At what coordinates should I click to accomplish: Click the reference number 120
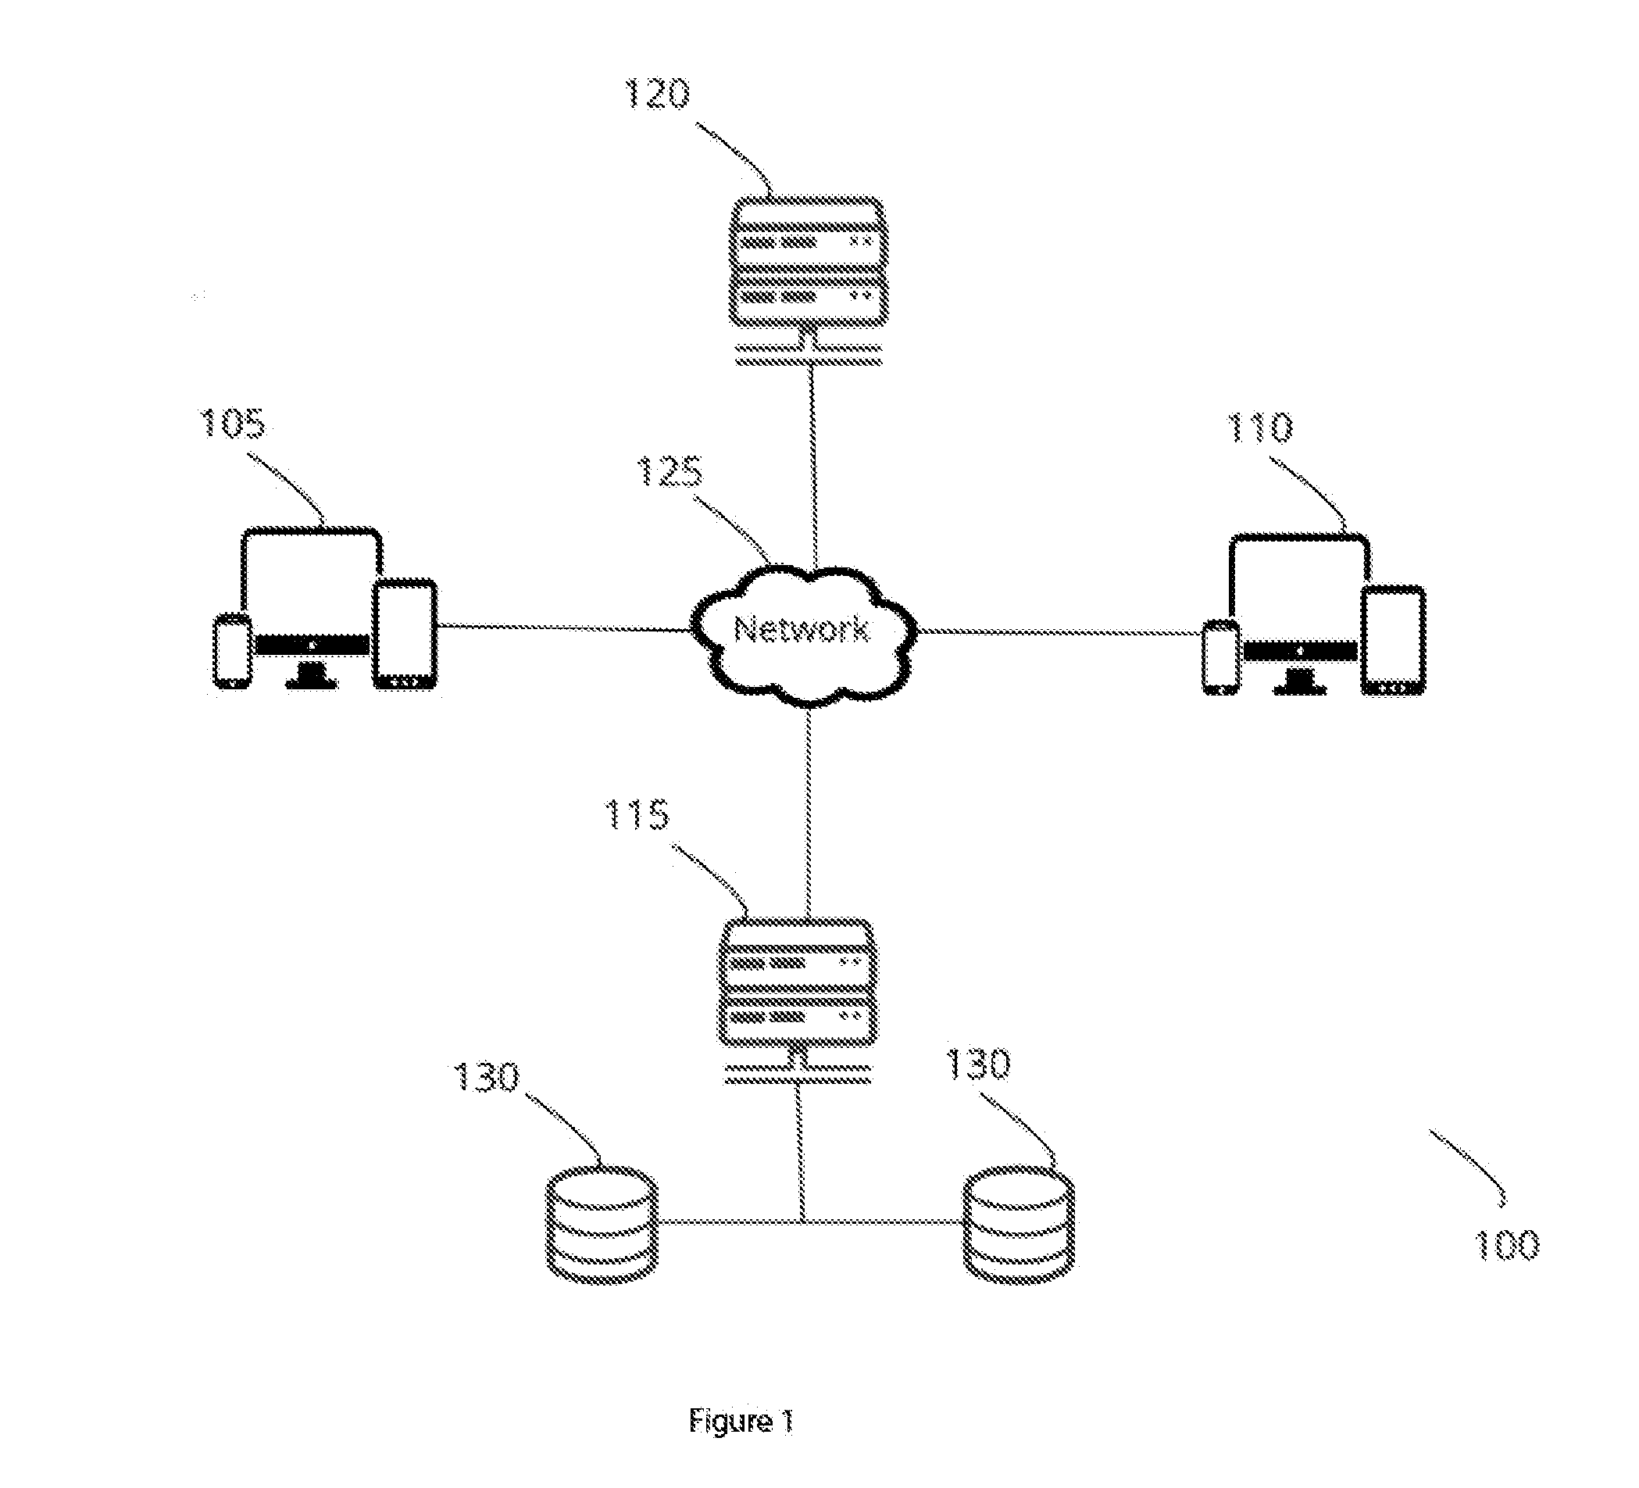click(x=657, y=95)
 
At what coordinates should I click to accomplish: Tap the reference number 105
click(x=234, y=424)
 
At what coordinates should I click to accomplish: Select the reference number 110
click(x=1259, y=427)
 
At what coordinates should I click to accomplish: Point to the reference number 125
click(x=669, y=470)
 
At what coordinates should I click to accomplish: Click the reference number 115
click(x=637, y=814)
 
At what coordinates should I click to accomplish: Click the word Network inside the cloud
click(x=802, y=628)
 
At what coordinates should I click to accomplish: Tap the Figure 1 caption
click(x=741, y=1422)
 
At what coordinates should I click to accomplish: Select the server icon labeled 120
click(x=808, y=281)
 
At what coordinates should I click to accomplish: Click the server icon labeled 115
click(x=797, y=1002)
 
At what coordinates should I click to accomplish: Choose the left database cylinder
click(x=602, y=1225)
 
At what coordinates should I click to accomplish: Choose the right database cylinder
click(x=1019, y=1225)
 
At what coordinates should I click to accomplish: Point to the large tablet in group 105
click(x=405, y=635)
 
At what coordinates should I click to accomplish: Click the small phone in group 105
click(x=233, y=652)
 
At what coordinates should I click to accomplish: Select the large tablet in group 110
click(x=1394, y=641)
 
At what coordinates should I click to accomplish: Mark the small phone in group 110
click(x=1221, y=658)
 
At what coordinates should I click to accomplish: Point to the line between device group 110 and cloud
click(x=1060, y=631)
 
